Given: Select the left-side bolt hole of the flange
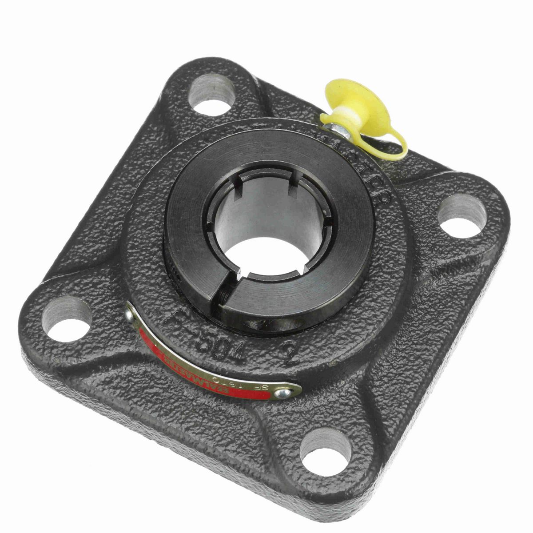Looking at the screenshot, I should pos(67,317).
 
